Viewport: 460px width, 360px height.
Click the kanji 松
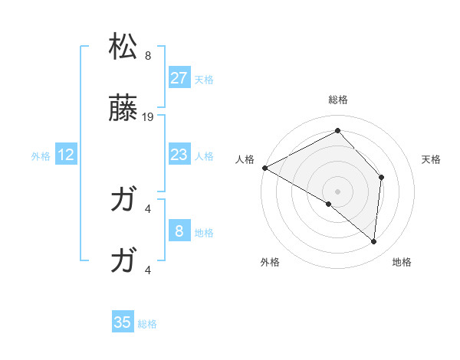123,47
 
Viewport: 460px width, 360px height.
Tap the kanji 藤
123,109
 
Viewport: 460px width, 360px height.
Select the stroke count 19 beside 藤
149,117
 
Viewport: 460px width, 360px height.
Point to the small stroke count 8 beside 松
148,56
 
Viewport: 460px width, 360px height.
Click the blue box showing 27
179,78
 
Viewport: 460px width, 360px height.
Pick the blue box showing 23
179,155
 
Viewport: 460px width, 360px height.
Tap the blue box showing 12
66,155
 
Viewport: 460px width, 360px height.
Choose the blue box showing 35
123,322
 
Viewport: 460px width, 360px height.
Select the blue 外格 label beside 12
41,155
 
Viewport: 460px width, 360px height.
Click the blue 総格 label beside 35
147,323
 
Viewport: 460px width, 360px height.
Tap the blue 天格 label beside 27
204,79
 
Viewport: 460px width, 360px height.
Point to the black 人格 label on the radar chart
245,159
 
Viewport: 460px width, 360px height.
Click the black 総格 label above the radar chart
337,100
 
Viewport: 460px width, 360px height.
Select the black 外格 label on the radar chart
270,262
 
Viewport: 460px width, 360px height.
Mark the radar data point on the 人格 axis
264,168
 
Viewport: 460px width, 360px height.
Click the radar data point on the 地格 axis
373,241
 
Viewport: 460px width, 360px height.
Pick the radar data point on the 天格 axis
381,177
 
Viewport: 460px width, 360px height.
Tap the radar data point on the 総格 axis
337,131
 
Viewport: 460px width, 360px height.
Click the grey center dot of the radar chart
337,191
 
